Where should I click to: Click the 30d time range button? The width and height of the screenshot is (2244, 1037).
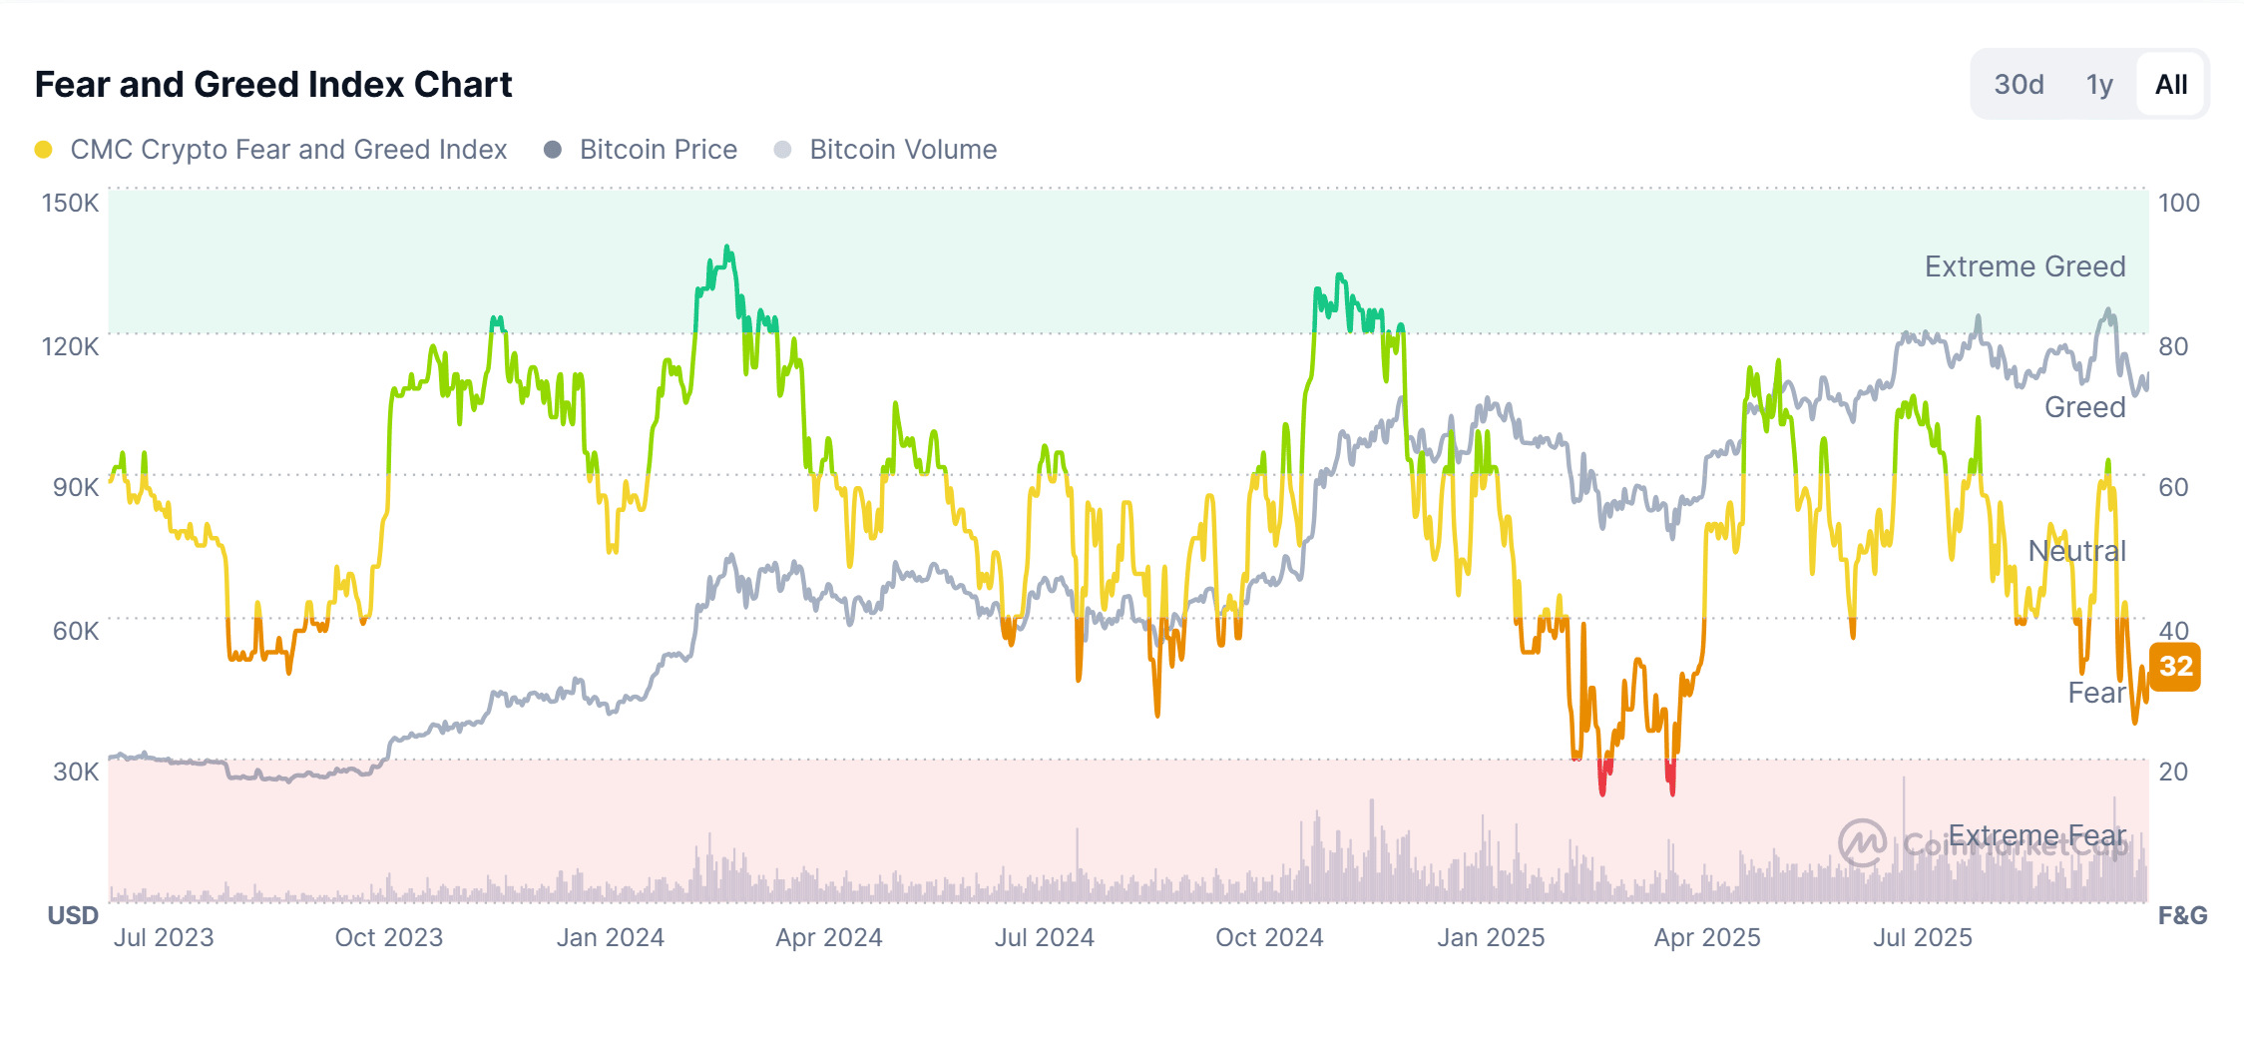pyautogui.click(x=2019, y=85)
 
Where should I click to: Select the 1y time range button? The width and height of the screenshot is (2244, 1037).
pyautogui.click(x=2099, y=85)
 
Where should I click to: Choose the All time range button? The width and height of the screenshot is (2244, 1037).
pyautogui.click(x=2170, y=85)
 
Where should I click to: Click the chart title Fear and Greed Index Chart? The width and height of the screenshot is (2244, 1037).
pyautogui.click(x=273, y=85)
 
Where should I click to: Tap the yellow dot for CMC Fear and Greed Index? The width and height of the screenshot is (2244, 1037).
pyautogui.click(x=43, y=150)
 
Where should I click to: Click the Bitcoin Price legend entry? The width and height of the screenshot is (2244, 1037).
pyautogui.click(x=658, y=150)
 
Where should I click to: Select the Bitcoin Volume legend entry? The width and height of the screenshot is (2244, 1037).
pyautogui.click(x=902, y=150)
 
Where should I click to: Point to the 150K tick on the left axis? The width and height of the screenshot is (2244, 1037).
pyautogui.click(x=70, y=204)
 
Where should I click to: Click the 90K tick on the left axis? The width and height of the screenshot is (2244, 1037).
pyautogui.click(x=75, y=488)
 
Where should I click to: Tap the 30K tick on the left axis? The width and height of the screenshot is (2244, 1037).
pyautogui.click(x=75, y=773)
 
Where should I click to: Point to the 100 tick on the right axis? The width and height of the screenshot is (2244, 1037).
pyautogui.click(x=2178, y=204)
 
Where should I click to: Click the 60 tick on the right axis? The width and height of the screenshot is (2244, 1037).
pyautogui.click(x=2173, y=488)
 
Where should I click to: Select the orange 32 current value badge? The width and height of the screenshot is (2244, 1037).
pyautogui.click(x=2175, y=667)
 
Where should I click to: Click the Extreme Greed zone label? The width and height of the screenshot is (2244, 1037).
pyautogui.click(x=2024, y=267)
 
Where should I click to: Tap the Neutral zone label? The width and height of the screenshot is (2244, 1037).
pyautogui.click(x=2076, y=551)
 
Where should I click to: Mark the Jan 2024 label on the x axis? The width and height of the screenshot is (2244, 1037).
pyautogui.click(x=610, y=938)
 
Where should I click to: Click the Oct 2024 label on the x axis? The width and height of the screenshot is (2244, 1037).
pyautogui.click(x=1268, y=938)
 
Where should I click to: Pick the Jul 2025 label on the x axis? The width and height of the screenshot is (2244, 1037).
pyautogui.click(x=1922, y=938)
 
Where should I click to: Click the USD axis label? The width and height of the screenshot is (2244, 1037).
pyautogui.click(x=73, y=916)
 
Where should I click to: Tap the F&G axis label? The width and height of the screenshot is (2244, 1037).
pyautogui.click(x=2182, y=916)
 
